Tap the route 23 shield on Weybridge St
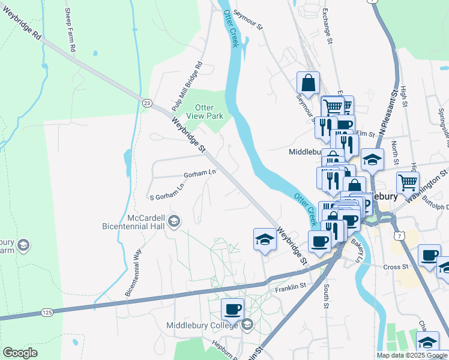coord(146,103)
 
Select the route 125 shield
coord(47,312)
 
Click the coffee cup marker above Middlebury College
coord(232,310)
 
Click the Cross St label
coord(396,266)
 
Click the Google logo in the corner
coord(20,353)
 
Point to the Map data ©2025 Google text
coord(412,355)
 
